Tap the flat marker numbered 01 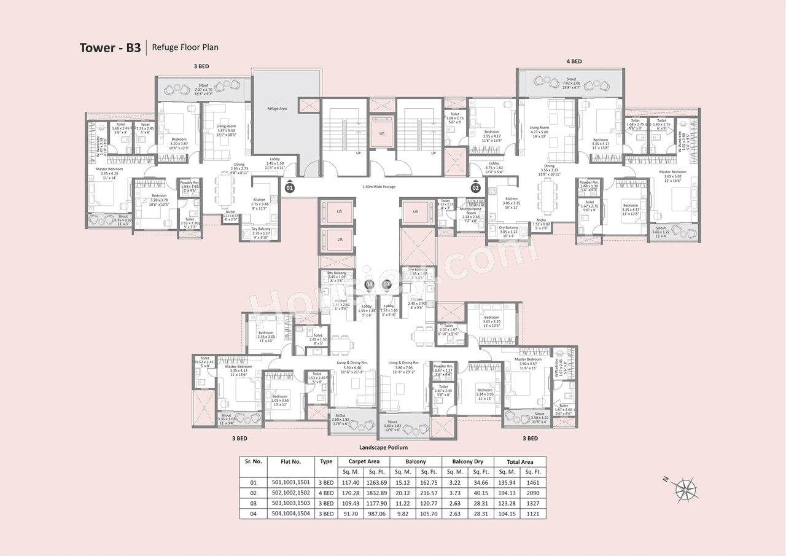pos(290,187)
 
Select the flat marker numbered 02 pos(475,187)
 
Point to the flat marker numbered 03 pos(387,284)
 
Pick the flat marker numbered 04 pos(369,284)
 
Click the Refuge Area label pos(276,108)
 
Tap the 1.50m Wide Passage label pos(381,187)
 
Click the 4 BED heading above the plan pos(574,61)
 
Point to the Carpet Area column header pos(365,461)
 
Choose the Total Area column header pos(519,461)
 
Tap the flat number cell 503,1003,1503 pos(291,503)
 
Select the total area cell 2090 pos(533,492)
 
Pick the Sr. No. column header pos(254,461)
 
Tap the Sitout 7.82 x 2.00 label pos(571,83)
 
